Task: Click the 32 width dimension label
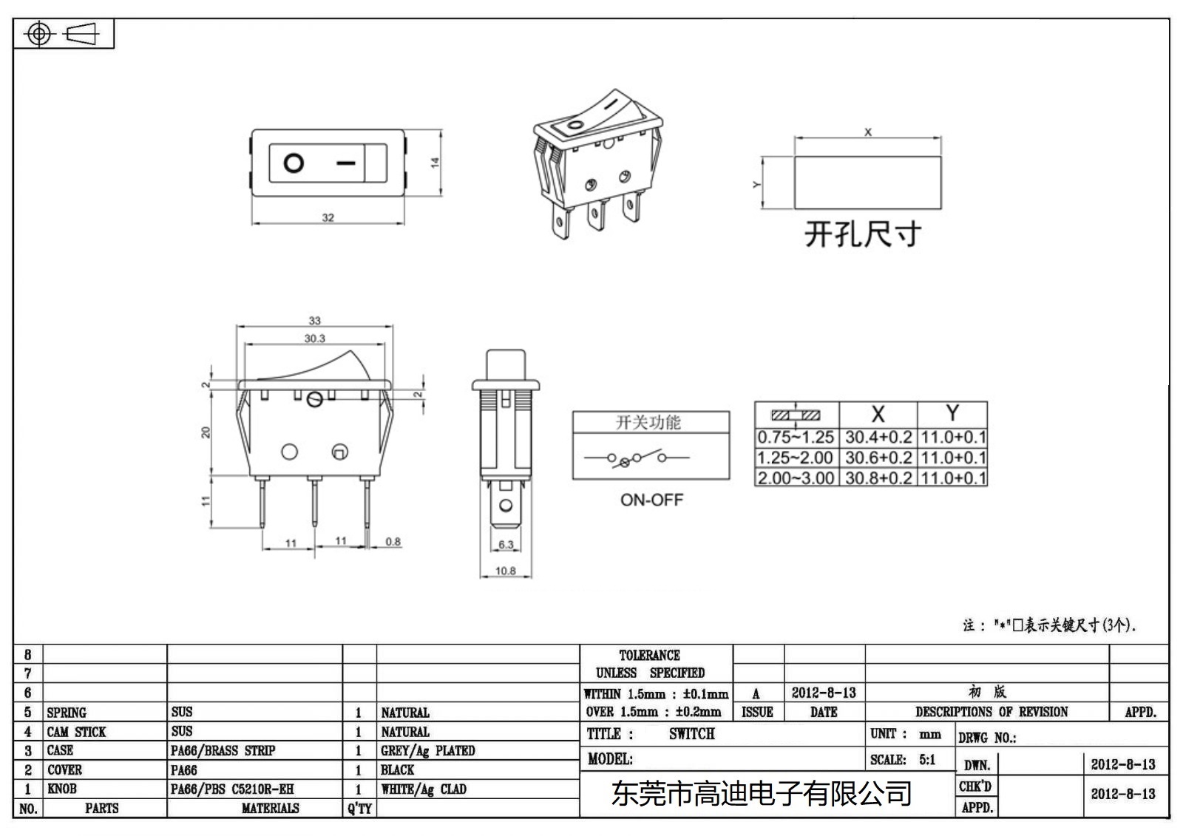coord(328,217)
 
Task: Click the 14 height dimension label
coord(435,162)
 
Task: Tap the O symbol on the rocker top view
coord(294,163)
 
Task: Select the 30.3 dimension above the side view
coord(314,339)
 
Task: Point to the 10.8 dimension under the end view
coord(506,571)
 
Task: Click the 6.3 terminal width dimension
coord(506,545)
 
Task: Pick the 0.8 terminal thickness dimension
coord(393,542)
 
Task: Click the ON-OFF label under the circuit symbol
coord(651,500)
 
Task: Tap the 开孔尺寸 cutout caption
coord(863,234)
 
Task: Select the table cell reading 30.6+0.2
coord(878,458)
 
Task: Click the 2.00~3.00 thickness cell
coord(796,478)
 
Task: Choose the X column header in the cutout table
coord(878,414)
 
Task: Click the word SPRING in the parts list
coord(67,713)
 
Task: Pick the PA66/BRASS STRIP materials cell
coord(223,750)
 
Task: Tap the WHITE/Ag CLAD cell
coord(424,789)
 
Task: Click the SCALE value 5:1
coord(927,759)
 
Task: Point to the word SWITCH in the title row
coord(691,734)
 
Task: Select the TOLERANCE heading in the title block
coord(649,655)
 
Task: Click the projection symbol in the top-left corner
coord(63,34)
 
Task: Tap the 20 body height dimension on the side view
coord(206,432)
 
